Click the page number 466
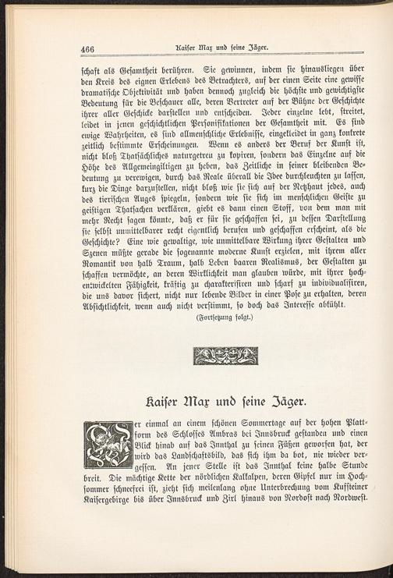(x=92, y=48)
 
